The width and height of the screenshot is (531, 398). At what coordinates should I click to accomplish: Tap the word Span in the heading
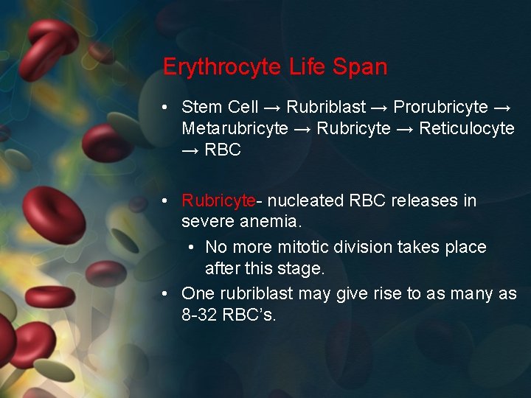pyautogui.click(x=360, y=67)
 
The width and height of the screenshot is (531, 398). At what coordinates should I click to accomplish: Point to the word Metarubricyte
pyautogui.click(x=235, y=128)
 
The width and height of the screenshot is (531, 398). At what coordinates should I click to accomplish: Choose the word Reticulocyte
pyautogui.click(x=467, y=128)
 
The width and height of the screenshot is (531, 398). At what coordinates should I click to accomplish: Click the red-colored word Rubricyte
pyautogui.click(x=218, y=200)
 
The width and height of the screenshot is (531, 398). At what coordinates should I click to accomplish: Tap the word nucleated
pyautogui.click(x=303, y=200)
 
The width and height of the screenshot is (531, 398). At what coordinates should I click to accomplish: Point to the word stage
pyautogui.click(x=302, y=268)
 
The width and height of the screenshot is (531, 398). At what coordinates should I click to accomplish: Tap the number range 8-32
pyautogui.click(x=201, y=315)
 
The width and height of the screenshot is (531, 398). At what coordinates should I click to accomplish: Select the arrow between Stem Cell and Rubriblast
pyautogui.click(x=273, y=107)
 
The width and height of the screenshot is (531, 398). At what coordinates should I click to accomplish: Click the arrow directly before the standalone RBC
pyautogui.click(x=190, y=150)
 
